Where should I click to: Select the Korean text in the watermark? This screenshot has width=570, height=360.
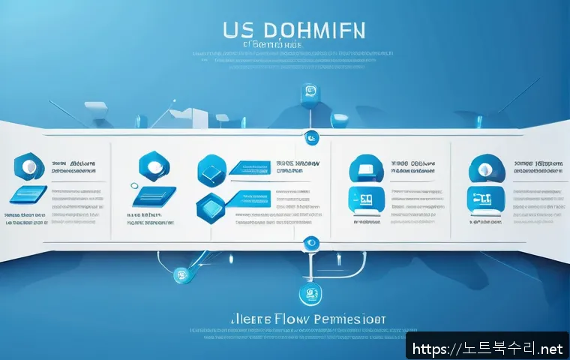click(x=496, y=348)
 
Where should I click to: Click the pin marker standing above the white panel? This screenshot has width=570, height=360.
click(x=307, y=93)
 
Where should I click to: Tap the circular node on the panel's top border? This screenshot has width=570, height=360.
click(x=312, y=137)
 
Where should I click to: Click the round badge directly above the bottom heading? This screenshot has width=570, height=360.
click(x=307, y=293)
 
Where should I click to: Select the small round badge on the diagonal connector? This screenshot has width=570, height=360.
click(x=180, y=277)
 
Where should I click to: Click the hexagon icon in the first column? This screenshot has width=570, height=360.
click(x=29, y=166)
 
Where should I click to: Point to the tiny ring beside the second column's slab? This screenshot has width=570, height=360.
click(x=134, y=185)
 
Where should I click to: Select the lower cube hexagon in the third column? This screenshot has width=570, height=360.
click(x=211, y=205)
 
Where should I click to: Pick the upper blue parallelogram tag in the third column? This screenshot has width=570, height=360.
click(x=247, y=168)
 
